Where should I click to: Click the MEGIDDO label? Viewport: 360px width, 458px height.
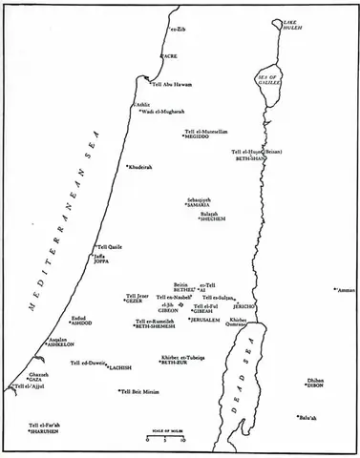pos(201,135)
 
